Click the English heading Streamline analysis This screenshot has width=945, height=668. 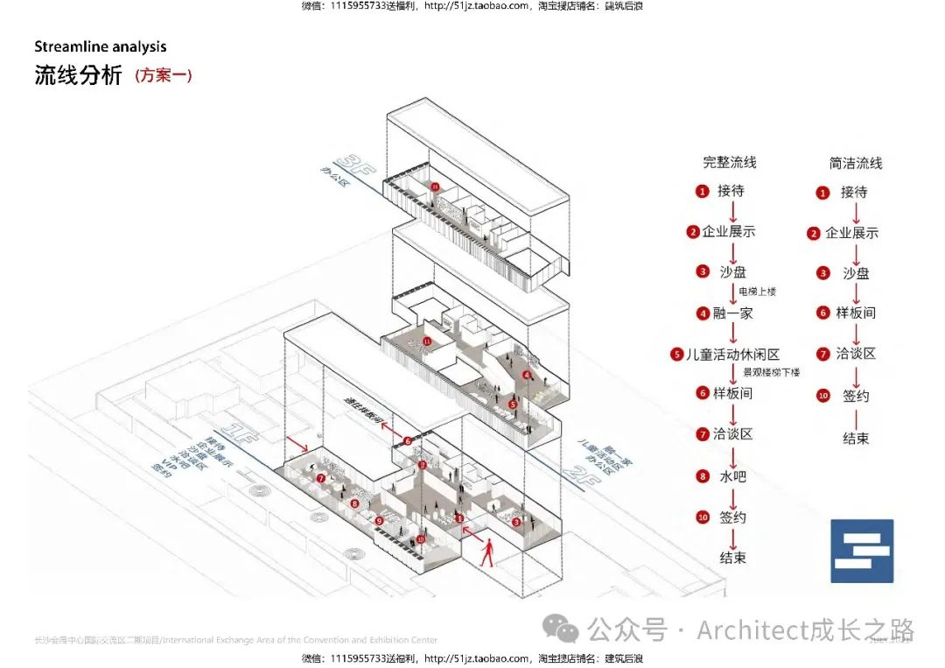[100, 46]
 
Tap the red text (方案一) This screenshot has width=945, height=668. [164, 75]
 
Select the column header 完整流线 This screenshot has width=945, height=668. [730, 162]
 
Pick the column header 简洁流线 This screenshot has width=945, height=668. [856, 163]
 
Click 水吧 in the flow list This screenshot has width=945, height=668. [733, 476]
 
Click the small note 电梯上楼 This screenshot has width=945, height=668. [757, 291]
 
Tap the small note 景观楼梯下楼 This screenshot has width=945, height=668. [772, 372]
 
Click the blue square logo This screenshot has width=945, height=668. [862, 551]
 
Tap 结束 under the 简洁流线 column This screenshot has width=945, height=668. [856, 438]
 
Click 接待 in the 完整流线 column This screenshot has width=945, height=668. [731, 190]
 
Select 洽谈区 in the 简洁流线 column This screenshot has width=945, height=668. [856, 354]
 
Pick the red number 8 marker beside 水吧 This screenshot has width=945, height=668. [703, 476]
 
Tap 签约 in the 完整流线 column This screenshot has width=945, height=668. [733, 517]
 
